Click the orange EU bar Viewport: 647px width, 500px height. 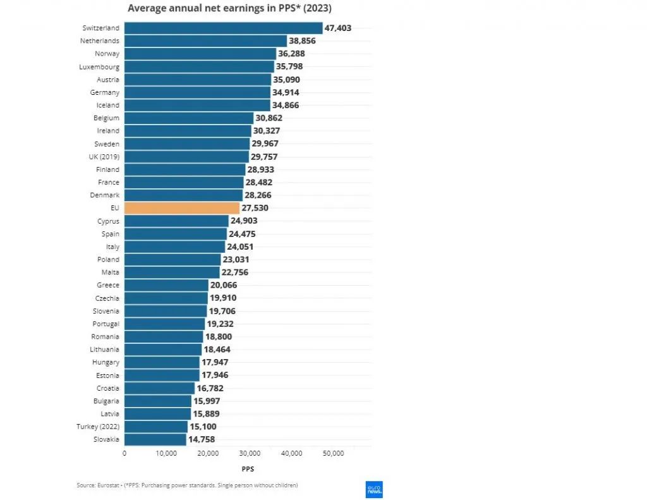click(182, 208)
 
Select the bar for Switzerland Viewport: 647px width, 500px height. click(223, 28)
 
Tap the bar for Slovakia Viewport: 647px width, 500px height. click(155, 439)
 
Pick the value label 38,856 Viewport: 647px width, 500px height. click(302, 40)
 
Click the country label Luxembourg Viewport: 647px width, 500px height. click(99, 66)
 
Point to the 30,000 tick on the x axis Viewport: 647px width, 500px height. click(250, 453)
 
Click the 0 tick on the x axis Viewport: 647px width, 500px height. click(124, 453)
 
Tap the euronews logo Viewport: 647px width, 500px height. click(374, 489)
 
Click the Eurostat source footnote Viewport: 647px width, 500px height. click(187, 485)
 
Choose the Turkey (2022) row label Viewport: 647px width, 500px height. click(98, 427)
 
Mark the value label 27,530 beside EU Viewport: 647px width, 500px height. click(256, 208)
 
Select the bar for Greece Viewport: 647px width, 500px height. click(166, 285)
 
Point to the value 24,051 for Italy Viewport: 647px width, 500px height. click(240, 247)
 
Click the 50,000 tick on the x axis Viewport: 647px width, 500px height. click(333, 453)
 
